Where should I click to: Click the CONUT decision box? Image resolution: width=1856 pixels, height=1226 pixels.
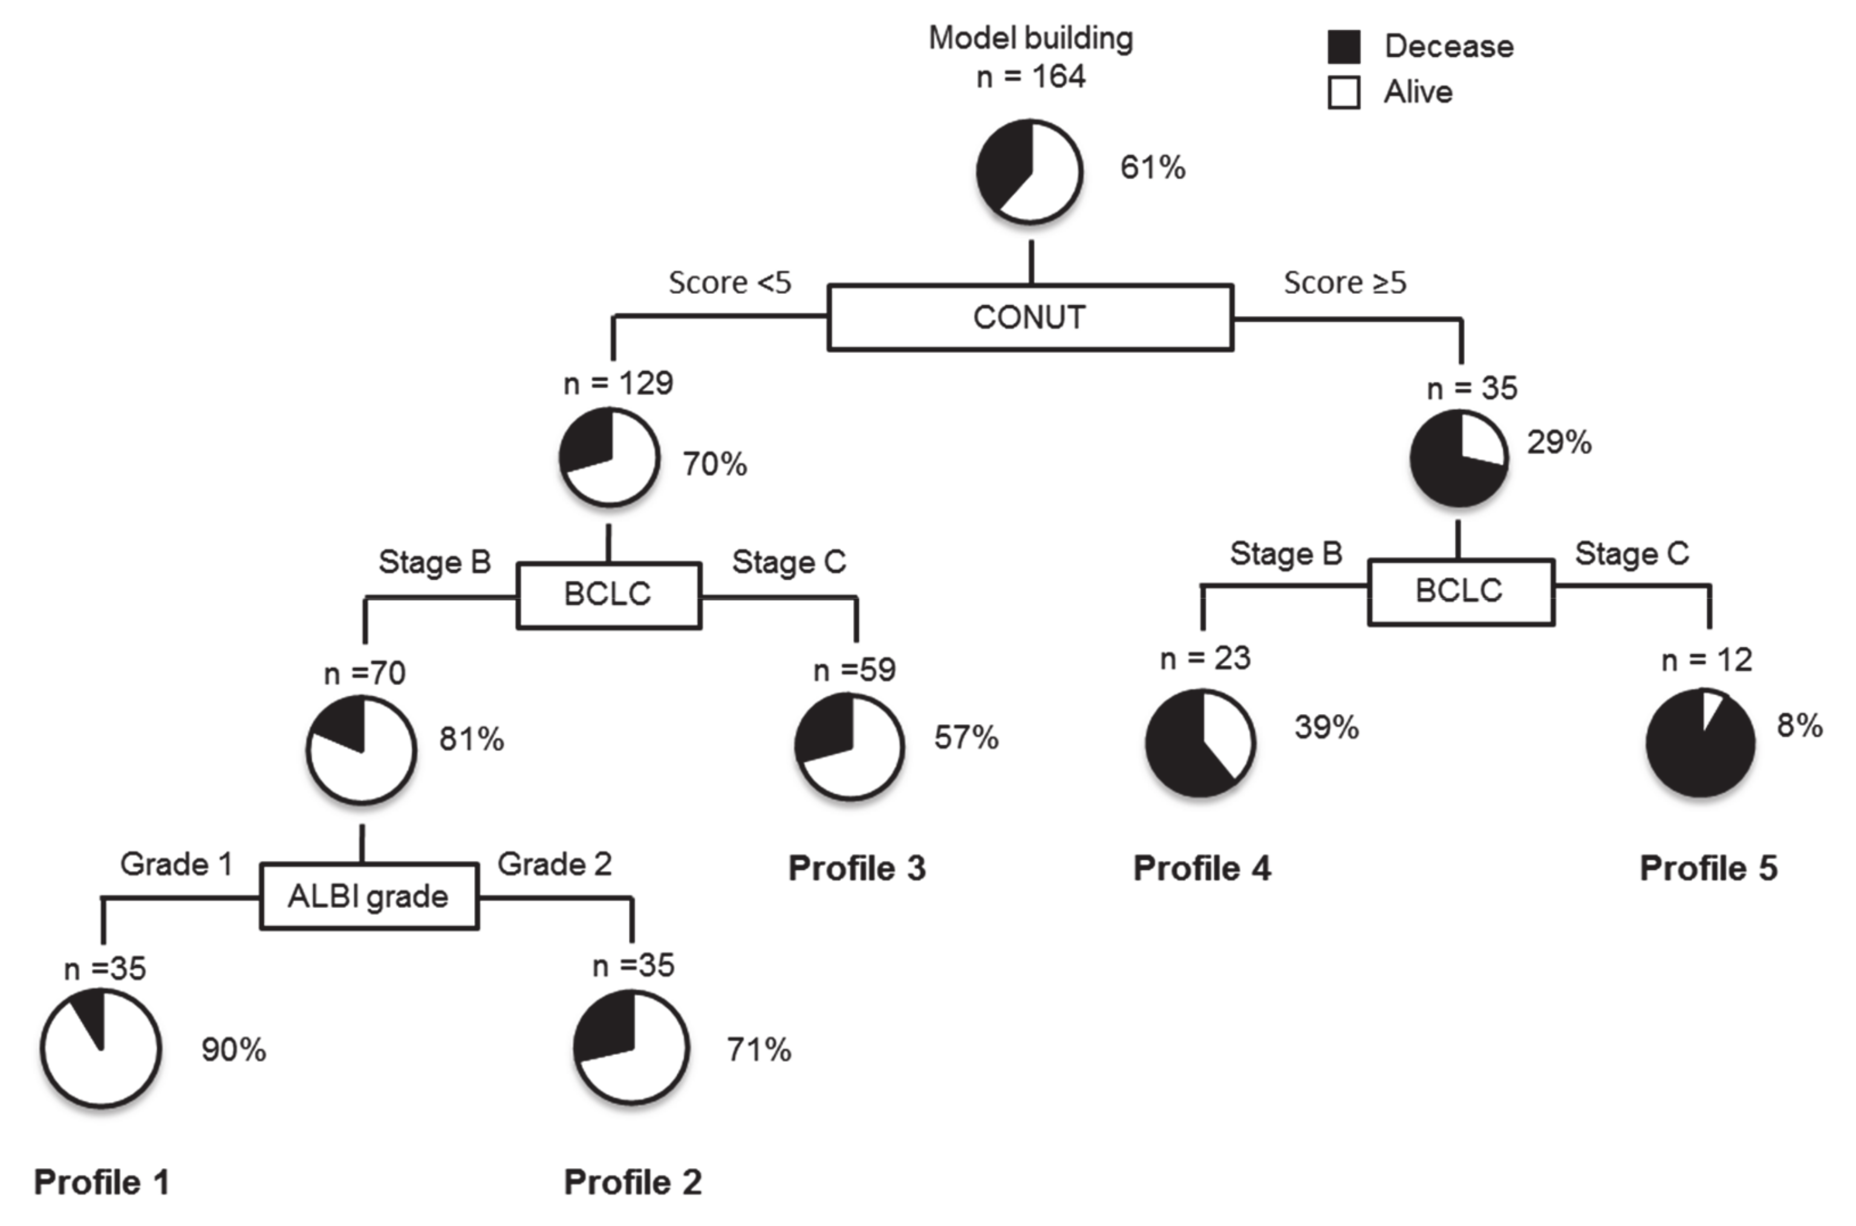(x=1030, y=317)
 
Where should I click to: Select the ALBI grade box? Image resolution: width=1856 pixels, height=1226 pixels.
(x=368, y=896)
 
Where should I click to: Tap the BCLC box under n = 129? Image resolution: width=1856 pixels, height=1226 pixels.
(x=608, y=594)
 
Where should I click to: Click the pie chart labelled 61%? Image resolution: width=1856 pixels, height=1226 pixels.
(x=1029, y=171)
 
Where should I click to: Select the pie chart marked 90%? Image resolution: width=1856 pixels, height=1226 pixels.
(x=101, y=1048)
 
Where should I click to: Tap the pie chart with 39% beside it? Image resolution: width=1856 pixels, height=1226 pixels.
(x=1200, y=743)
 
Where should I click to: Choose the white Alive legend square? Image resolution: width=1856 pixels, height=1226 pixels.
(x=1344, y=92)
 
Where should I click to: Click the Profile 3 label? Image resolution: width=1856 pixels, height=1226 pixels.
(x=856, y=869)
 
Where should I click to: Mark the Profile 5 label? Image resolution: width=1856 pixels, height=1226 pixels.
(x=1708, y=869)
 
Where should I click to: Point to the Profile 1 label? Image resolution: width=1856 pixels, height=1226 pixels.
(x=102, y=1182)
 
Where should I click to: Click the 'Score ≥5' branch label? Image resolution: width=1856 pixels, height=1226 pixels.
(x=1344, y=282)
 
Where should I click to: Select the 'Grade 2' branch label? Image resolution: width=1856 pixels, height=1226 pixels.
(x=554, y=864)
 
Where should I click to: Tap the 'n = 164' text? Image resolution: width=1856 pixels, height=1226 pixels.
(x=1030, y=77)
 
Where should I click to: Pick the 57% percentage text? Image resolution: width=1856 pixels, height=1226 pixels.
(x=966, y=738)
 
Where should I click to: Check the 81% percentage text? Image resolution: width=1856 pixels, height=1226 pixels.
(x=471, y=739)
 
